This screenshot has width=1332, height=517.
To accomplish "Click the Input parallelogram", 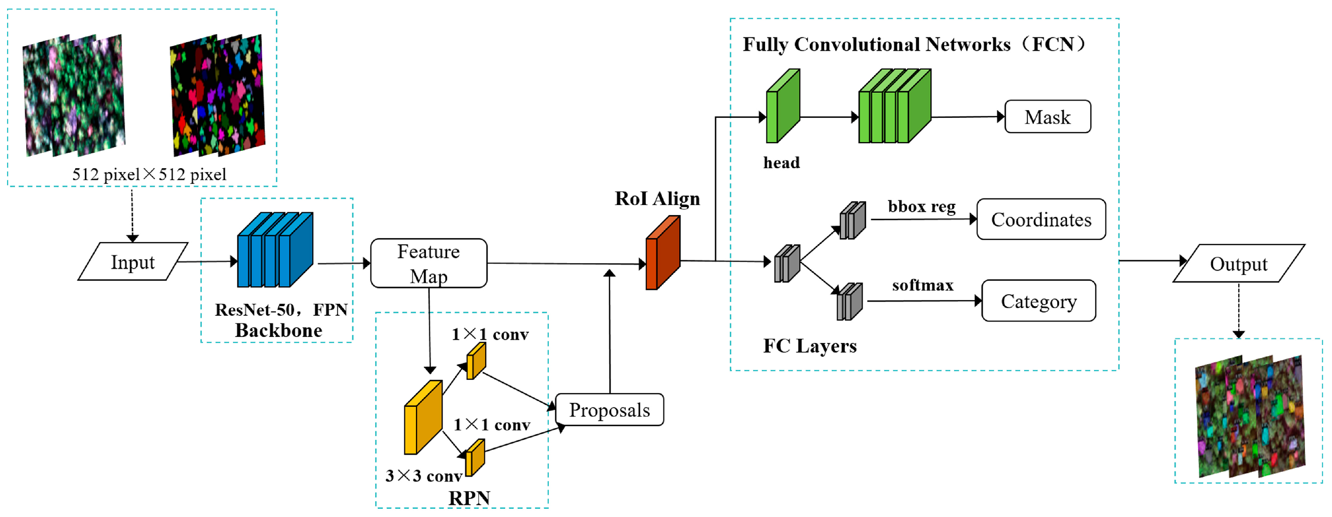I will (x=132, y=262).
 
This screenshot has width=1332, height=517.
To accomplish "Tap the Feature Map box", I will (x=429, y=263).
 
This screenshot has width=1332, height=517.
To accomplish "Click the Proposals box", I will (x=609, y=410).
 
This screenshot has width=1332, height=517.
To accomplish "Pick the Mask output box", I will (x=1048, y=117).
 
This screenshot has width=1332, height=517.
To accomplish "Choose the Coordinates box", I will (x=1041, y=219).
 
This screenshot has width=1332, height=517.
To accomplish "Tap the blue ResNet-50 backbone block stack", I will (x=275, y=250).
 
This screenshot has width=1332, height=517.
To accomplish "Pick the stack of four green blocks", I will (x=894, y=106).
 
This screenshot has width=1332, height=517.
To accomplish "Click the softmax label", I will (x=922, y=285).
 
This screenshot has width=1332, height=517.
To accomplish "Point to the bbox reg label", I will (x=922, y=206).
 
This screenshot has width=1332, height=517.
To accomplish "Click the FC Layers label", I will (x=809, y=346).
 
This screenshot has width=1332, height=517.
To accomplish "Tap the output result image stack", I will (x=1250, y=416).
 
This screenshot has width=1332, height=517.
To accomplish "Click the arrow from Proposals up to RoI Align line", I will (x=610, y=331).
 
